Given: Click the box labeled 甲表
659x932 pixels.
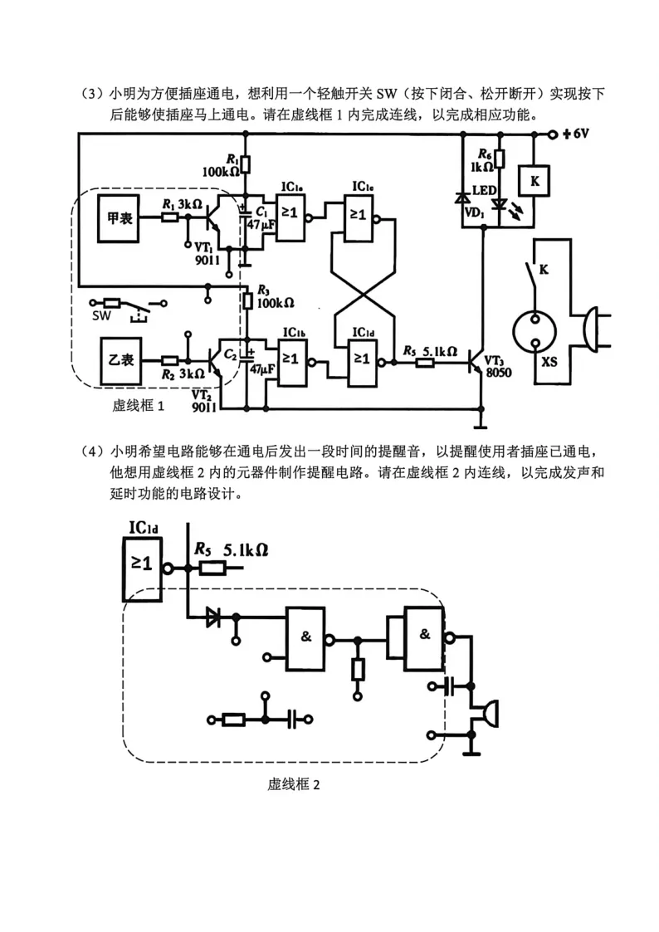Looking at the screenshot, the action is click(120, 218).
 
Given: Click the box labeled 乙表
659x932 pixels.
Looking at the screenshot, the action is click(121, 359).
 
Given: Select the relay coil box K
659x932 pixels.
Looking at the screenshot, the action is click(535, 181).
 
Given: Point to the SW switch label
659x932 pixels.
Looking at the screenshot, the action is click(101, 315).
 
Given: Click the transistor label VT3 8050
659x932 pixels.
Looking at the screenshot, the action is click(498, 367).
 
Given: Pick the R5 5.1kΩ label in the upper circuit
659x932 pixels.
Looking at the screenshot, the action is click(430, 351).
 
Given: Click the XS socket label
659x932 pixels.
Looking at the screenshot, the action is click(549, 361).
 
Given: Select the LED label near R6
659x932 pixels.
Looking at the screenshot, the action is click(485, 190).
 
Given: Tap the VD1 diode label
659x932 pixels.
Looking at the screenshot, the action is click(474, 212).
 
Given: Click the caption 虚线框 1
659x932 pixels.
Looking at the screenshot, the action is click(139, 405).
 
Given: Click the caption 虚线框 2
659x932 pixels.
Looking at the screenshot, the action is click(294, 784).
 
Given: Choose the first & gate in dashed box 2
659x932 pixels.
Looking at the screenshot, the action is click(306, 639).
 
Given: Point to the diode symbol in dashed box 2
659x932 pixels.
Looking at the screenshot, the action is click(212, 617).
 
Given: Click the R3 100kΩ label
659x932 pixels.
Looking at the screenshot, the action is click(275, 296).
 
